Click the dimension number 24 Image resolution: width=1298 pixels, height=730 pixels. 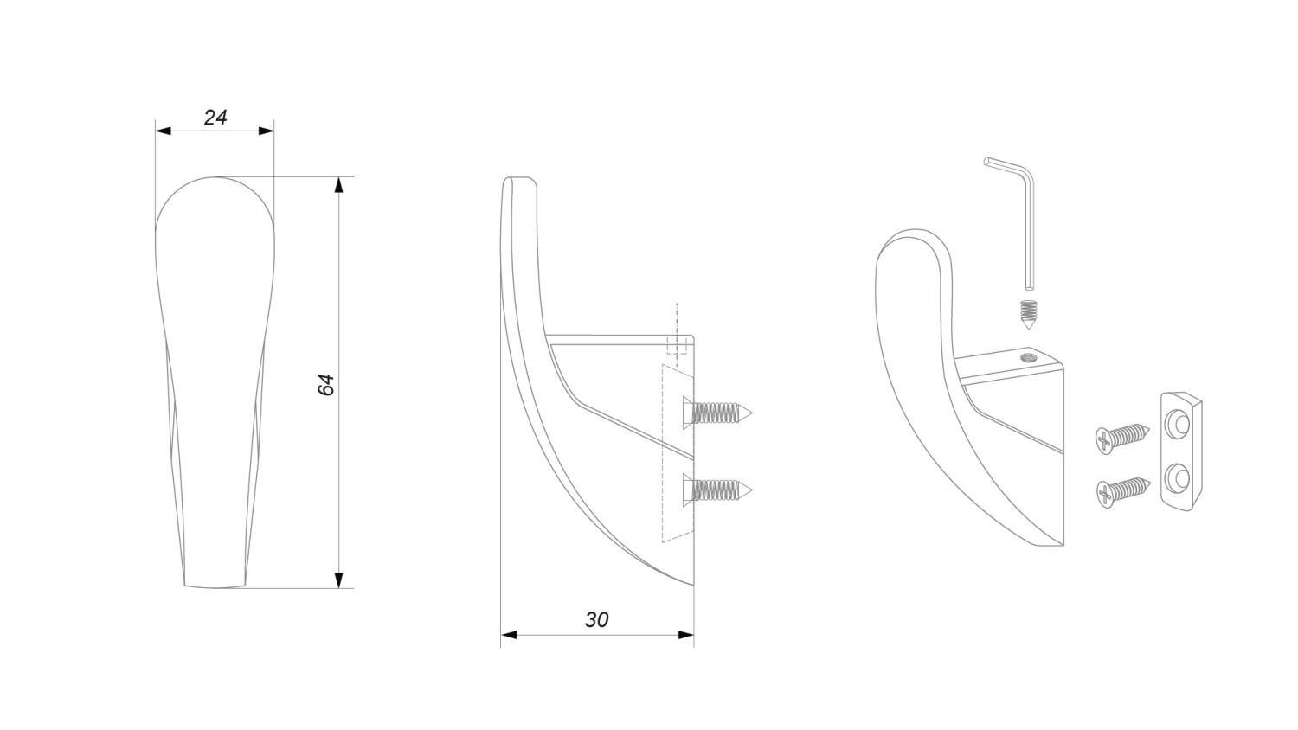(x=215, y=118)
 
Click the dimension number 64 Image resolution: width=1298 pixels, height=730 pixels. (x=327, y=385)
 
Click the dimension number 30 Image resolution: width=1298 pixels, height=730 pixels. (x=596, y=620)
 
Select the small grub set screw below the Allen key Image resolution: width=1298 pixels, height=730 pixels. (x=1028, y=315)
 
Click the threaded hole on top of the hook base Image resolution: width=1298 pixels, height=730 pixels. (x=1029, y=357)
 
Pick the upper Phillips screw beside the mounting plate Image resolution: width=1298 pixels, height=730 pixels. (x=1122, y=439)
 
